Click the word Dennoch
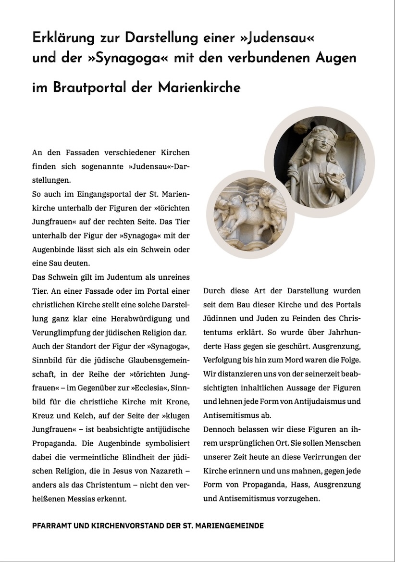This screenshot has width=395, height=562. pyautogui.click(x=219, y=429)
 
